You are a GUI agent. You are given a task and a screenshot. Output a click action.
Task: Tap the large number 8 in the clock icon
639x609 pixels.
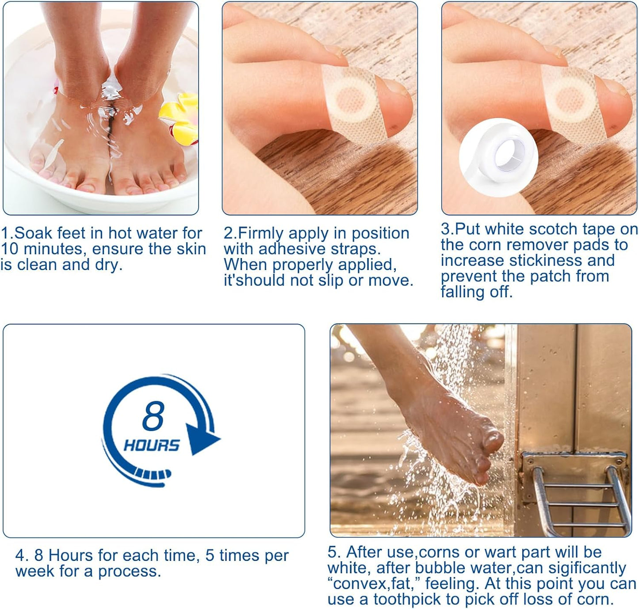(153, 416)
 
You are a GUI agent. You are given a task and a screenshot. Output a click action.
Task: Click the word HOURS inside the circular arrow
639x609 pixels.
(152, 445)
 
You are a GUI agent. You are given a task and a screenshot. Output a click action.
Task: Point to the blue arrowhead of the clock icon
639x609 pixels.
(201, 439)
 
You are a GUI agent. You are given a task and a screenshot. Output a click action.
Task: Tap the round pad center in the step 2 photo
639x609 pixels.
(351, 99)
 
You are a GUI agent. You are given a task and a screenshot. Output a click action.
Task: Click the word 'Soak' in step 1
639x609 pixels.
(35, 233)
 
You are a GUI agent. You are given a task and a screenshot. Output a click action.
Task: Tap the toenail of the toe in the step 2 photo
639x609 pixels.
(395, 88)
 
